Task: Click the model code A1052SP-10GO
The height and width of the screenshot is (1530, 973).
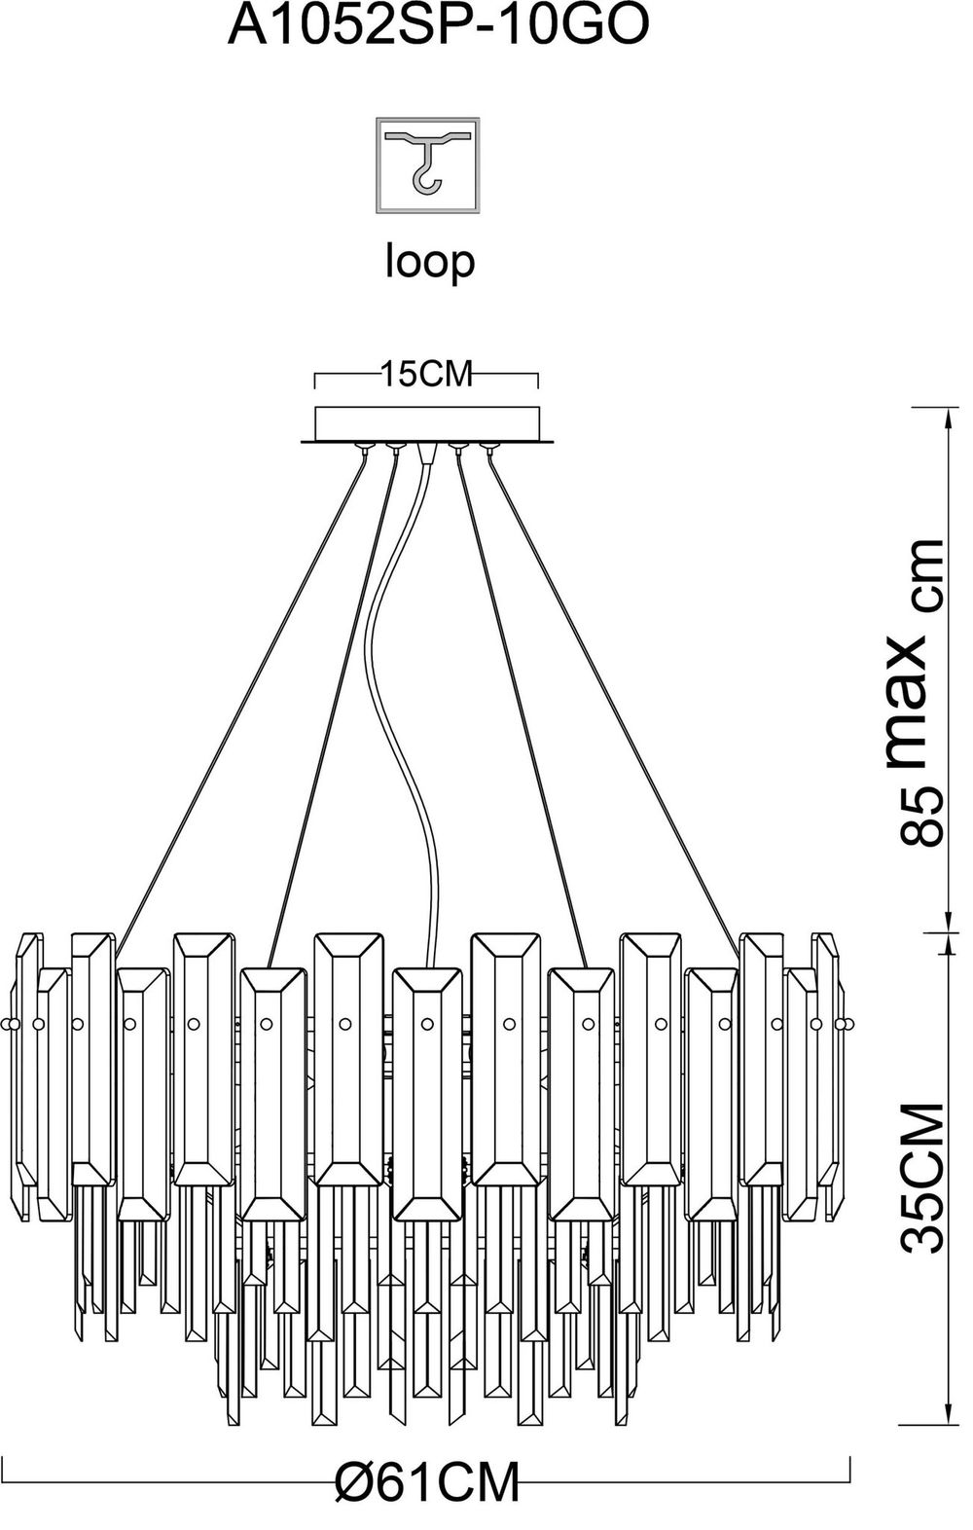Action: coord(437,27)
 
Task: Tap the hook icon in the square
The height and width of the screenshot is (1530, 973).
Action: coord(427,164)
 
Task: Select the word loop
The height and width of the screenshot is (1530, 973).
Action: coord(429,260)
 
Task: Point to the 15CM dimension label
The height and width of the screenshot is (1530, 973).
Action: coord(426,375)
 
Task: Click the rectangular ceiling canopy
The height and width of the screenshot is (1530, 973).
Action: coord(427,423)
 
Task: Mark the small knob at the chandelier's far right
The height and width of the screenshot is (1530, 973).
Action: coord(851,1024)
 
